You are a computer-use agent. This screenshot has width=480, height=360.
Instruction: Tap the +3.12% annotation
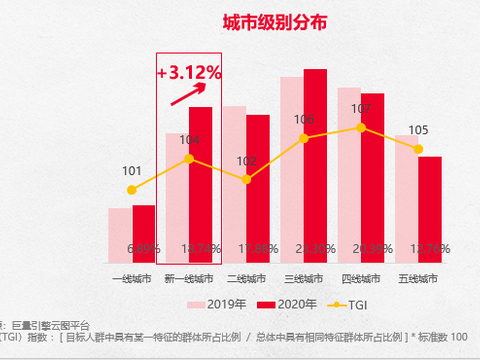pyautogui.click(x=189, y=73)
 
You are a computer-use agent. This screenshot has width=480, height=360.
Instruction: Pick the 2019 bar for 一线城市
pyautogui.click(x=120, y=235)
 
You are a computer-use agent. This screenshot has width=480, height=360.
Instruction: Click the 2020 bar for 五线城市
pyautogui.click(x=430, y=209)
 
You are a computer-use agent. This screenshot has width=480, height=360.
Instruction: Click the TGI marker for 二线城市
pyautogui.click(x=246, y=179)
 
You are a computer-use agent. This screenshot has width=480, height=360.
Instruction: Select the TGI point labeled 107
pyautogui.click(x=361, y=127)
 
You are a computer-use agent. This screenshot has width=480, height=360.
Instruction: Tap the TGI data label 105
pyautogui.click(x=418, y=130)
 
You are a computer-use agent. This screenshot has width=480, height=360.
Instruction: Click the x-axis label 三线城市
pyautogui.click(x=304, y=277)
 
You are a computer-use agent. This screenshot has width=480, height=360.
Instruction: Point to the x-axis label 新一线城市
pyautogui.click(x=188, y=277)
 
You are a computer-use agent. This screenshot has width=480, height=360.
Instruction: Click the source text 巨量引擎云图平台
pyautogui.click(x=50, y=324)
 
